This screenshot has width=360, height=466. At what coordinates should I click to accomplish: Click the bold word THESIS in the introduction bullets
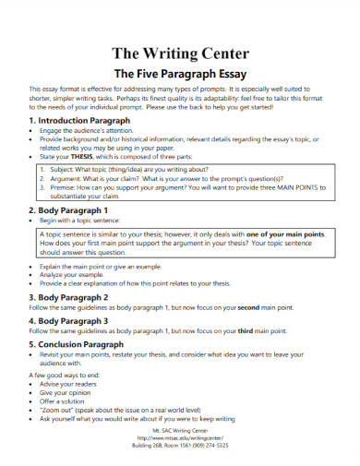pyautogui.click(x=83, y=156)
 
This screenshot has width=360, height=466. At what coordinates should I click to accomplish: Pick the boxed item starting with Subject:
pyautogui.click(x=129, y=171)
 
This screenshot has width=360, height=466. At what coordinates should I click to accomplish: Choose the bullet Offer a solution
pyautogui.click(x=66, y=402)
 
